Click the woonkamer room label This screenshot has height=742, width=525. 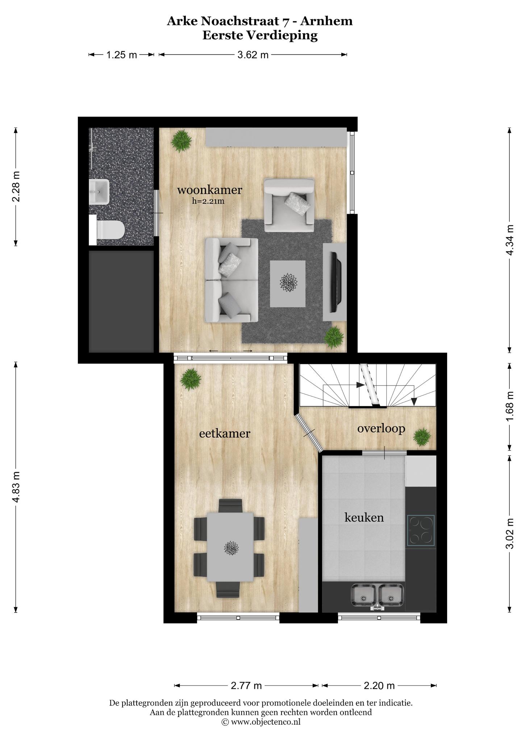209,189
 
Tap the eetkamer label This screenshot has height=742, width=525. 225,433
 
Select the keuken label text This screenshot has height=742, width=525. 364,517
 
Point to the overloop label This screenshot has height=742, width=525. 381,429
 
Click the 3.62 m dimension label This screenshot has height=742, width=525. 253,55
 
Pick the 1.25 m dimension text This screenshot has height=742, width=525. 121,55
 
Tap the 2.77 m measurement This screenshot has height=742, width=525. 246,696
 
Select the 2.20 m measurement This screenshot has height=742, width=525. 379,696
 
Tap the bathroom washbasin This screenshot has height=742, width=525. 99,192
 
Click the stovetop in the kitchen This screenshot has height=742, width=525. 421,530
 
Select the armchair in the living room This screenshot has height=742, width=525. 289,205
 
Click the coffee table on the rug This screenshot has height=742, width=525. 288,284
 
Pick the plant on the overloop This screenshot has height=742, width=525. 422,437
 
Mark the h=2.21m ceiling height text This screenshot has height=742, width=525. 208,201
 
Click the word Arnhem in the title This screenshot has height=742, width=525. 327,21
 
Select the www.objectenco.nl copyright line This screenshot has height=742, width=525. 261,722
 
